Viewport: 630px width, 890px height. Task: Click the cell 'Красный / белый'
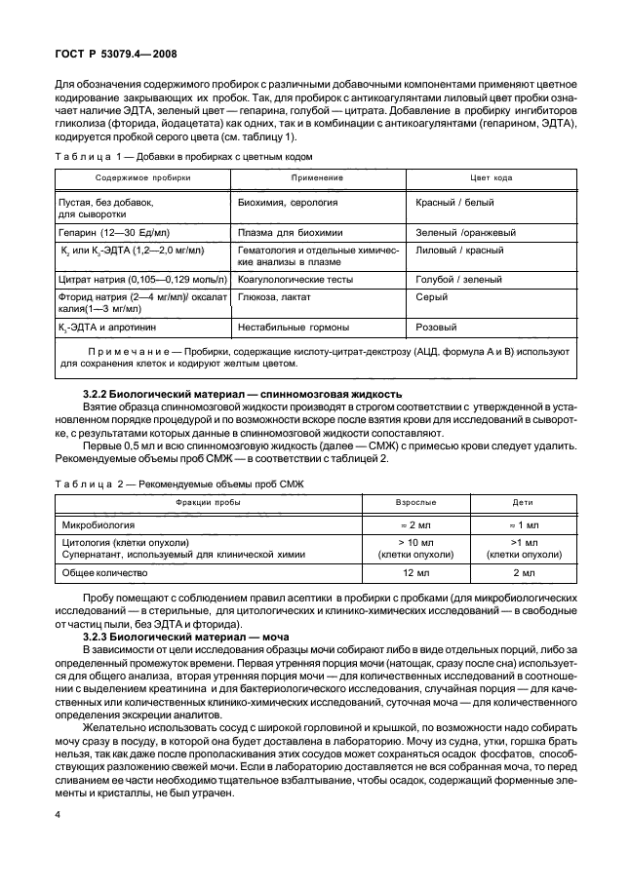point(455,202)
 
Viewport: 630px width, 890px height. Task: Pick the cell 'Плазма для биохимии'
point(289,233)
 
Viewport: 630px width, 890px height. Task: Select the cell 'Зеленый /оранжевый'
point(466,233)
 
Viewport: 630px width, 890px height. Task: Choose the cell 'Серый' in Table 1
point(432,296)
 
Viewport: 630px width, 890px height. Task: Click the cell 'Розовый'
point(437,328)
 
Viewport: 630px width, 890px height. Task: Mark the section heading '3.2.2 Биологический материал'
point(243,392)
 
